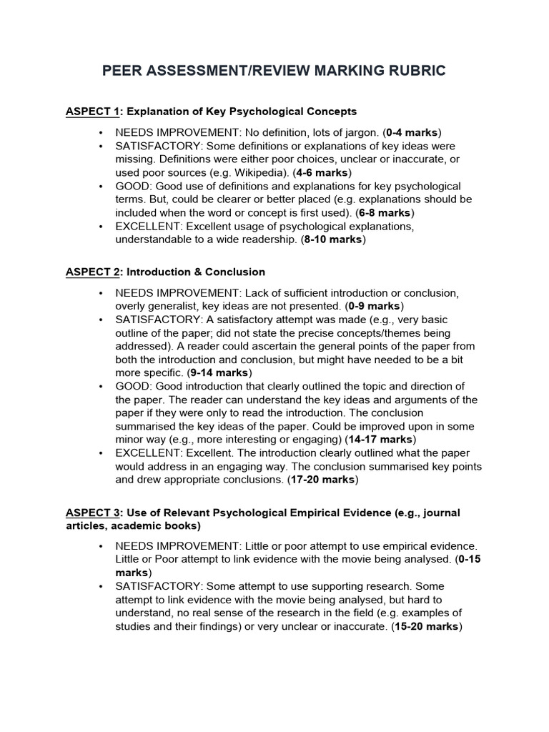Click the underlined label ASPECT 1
tap(92, 112)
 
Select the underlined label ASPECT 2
tap(92, 272)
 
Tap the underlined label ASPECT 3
tap(92, 513)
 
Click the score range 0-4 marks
tap(412, 132)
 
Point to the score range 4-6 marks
tap(317, 172)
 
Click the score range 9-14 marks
tap(217, 372)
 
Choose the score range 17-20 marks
tap(322, 480)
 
